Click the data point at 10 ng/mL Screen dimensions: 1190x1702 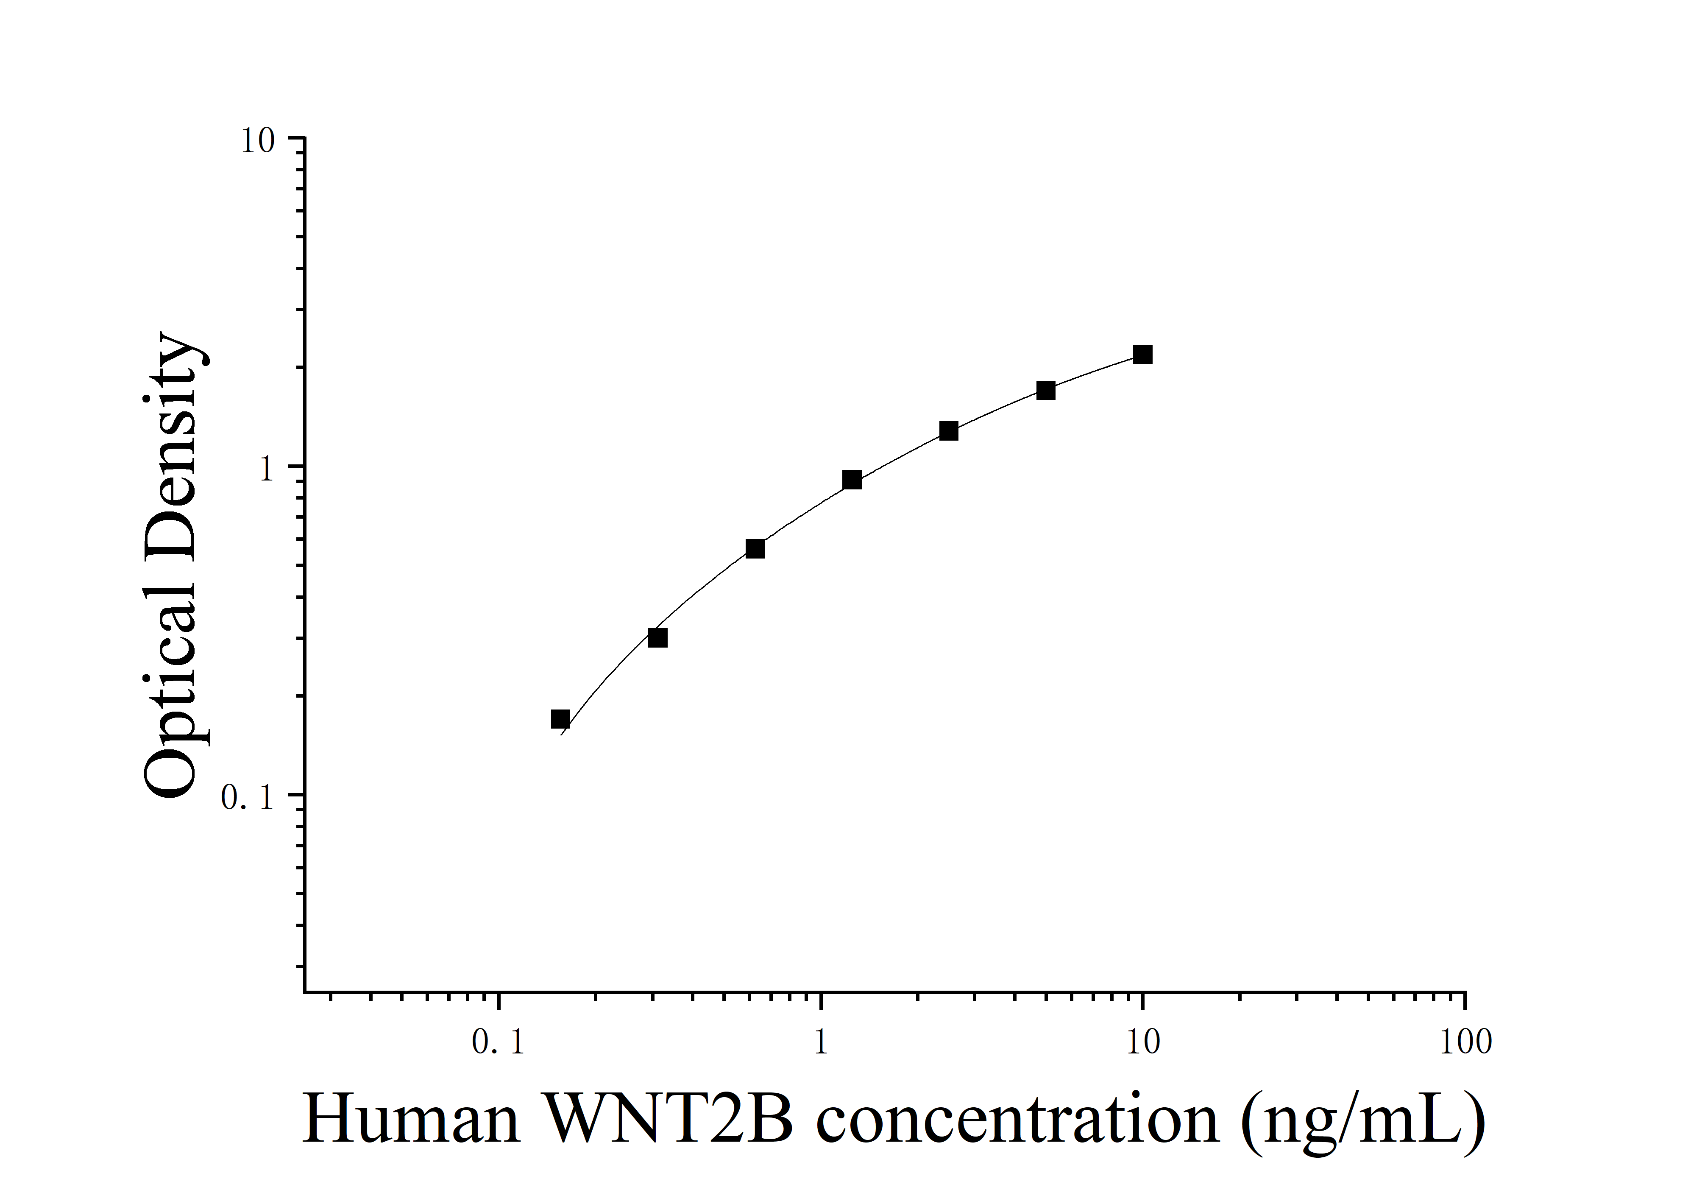(x=1142, y=355)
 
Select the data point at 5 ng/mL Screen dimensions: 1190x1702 (x=1045, y=390)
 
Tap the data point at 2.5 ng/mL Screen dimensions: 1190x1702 (x=948, y=431)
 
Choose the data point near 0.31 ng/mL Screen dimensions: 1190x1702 (x=657, y=638)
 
